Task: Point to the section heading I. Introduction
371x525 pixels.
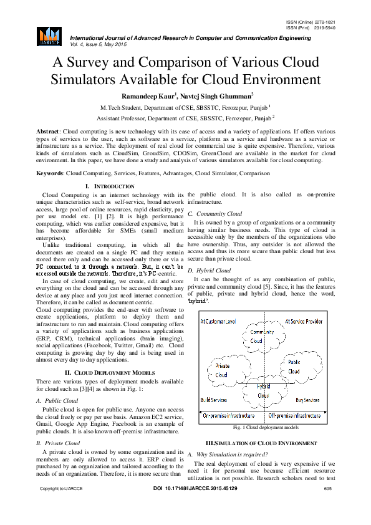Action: tap(108, 187)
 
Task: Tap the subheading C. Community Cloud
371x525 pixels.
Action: tap(215, 213)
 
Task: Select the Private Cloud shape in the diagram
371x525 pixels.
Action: tap(222, 370)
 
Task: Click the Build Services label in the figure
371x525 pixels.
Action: tap(213, 400)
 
